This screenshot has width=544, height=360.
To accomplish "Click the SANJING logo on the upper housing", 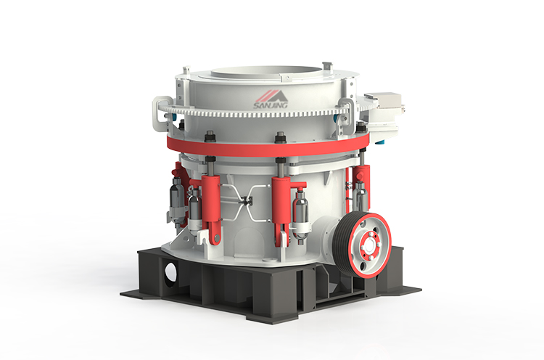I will coord(268,101).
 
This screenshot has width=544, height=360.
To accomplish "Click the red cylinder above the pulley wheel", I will coord(360,190).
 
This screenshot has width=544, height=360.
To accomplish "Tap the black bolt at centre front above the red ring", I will coord(279,136).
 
